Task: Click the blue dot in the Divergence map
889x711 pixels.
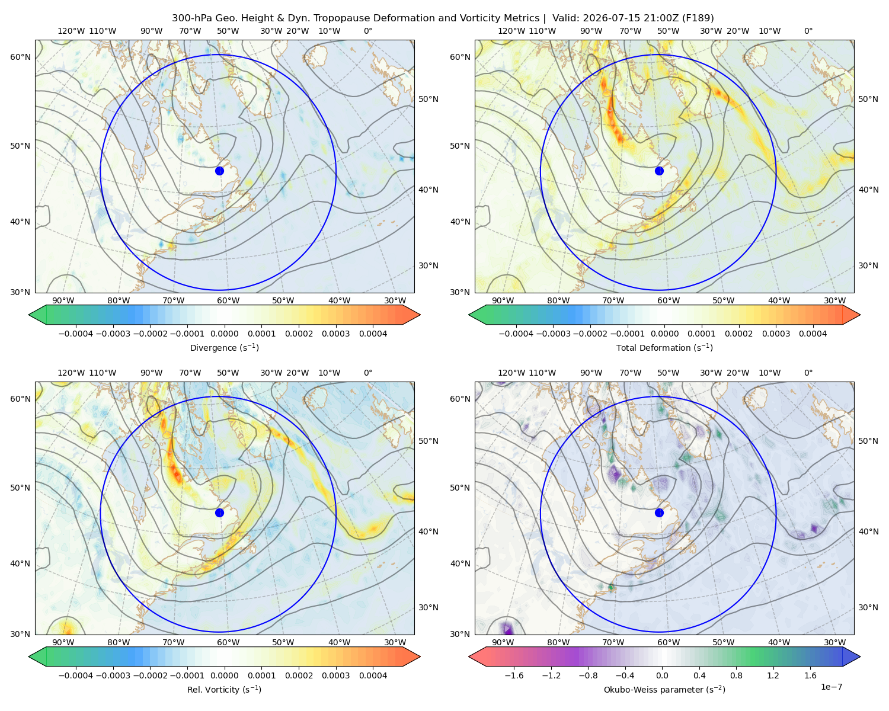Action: pos(219,171)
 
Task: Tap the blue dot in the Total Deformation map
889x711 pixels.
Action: pos(659,171)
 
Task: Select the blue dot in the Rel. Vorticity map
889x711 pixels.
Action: pos(219,513)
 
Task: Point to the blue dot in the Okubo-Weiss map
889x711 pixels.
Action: pos(659,513)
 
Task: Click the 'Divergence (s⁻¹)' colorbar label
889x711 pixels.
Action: pos(224,347)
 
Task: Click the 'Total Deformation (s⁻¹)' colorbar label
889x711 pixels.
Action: pos(664,347)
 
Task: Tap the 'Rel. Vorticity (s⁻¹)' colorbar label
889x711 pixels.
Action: pos(224,689)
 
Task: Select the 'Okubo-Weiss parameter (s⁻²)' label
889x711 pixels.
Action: pos(664,689)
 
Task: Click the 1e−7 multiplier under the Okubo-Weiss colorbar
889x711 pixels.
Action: pos(831,687)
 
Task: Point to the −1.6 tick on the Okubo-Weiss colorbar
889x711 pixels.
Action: pos(514,675)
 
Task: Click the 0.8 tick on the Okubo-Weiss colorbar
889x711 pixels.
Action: pos(736,675)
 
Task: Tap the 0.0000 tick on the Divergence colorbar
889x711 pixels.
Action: pos(224,334)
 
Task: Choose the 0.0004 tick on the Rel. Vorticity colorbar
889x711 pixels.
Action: pos(373,675)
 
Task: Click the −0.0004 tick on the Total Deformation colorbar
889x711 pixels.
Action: pos(516,334)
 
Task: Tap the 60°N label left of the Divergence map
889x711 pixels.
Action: pos(20,57)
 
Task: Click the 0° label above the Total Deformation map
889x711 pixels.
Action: pos(808,31)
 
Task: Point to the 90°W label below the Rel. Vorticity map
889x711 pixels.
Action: pos(63,642)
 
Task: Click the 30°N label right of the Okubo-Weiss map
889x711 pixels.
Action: pos(868,607)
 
